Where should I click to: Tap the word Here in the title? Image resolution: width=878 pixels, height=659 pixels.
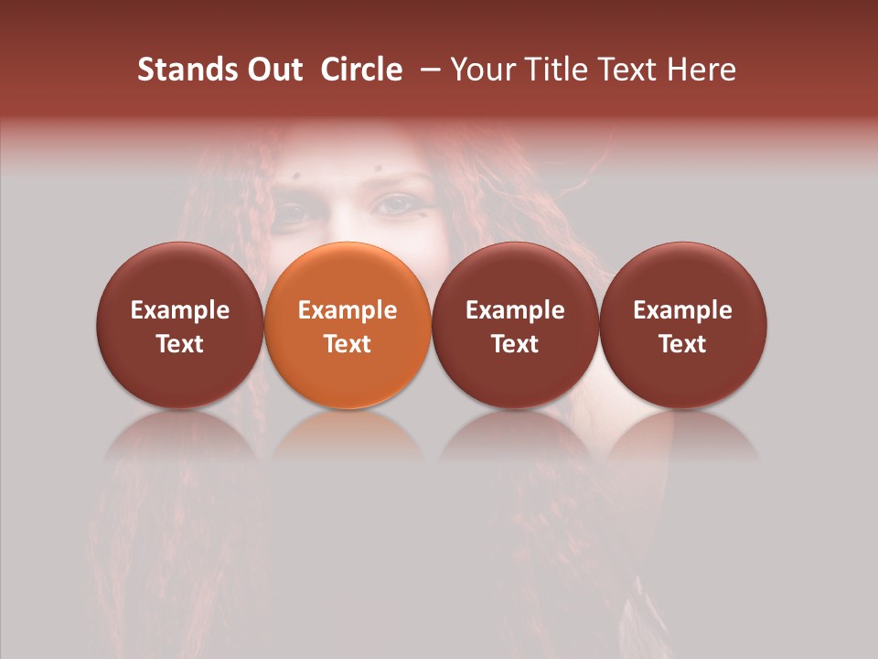click(701, 70)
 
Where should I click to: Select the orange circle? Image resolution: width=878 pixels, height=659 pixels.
click(348, 325)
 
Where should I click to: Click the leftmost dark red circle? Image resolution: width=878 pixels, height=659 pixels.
click(180, 325)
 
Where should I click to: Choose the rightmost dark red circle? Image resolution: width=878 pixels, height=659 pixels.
click(683, 325)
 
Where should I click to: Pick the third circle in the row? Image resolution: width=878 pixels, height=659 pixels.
click(515, 325)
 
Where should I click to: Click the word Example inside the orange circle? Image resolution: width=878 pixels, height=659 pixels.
click(348, 310)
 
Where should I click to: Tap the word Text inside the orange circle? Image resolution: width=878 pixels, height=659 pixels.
click(348, 344)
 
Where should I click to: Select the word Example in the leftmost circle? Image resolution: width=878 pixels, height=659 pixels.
click(180, 310)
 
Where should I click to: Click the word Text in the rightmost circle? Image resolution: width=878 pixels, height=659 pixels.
click(683, 344)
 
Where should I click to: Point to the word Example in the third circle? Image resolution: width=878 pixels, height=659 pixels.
click(515, 310)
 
